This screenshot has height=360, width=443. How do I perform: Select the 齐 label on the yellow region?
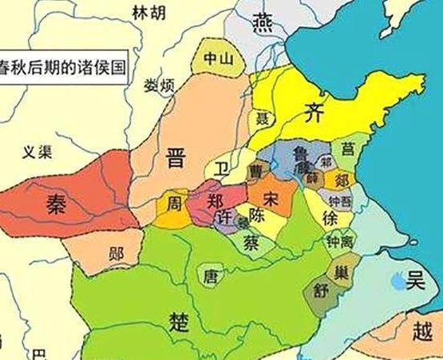coord(314,112)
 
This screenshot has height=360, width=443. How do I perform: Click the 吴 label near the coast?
coord(414,281)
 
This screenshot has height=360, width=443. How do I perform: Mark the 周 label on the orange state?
coord(173,205)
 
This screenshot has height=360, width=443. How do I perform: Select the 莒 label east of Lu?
coord(347,148)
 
